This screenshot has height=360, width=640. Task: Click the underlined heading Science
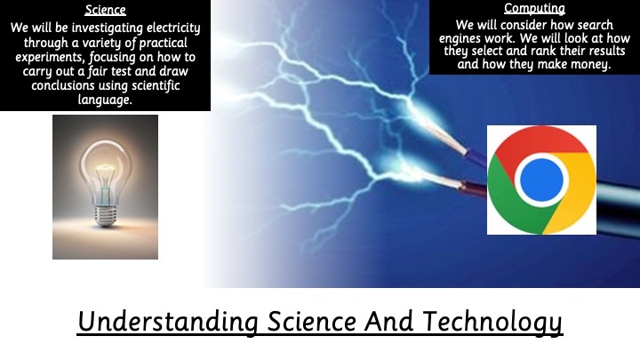(x=105, y=10)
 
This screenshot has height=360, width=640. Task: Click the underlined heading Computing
(x=534, y=8)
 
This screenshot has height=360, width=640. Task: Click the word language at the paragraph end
(x=105, y=100)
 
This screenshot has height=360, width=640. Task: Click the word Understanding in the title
(x=168, y=322)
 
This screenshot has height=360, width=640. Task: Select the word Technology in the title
(x=492, y=322)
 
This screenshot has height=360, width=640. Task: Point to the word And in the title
(x=389, y=321)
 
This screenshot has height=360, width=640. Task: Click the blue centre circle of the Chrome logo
(x=541, y=180)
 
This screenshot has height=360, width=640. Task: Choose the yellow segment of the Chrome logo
(x=575, y=192)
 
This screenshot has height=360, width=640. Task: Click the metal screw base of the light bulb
(x=105, y=216)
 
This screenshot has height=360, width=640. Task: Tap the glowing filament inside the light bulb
(x=105, y=167)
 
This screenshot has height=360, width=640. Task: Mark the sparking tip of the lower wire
(x=460, y=185)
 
